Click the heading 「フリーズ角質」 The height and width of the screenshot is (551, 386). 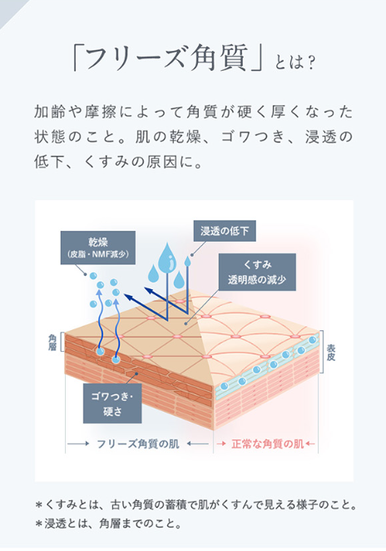[167, 58]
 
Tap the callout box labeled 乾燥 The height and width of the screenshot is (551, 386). [98, 248]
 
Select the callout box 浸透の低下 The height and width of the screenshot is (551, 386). [225, 231]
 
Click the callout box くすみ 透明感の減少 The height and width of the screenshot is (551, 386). [257, 272]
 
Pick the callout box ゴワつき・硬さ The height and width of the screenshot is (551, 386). [112, 403]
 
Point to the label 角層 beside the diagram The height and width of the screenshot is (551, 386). [52, 343]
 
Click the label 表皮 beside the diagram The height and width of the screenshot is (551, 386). [330, 353]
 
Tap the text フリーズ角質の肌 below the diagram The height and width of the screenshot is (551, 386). [138, 443]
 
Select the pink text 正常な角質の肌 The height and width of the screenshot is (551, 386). [268, 443]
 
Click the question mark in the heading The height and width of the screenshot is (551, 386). [309, 63]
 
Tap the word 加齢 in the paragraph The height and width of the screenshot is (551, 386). [49, 112]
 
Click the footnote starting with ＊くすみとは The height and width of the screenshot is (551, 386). [196, 505]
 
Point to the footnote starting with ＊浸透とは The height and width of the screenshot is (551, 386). [109, 523]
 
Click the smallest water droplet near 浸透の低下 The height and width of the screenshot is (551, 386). [187, 261]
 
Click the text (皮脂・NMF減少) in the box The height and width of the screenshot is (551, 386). [98, 254]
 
